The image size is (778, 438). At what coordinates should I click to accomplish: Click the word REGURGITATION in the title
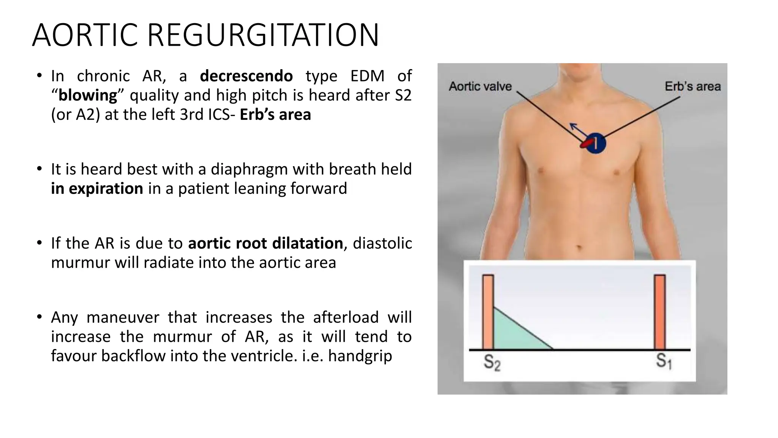(x=263, y=35)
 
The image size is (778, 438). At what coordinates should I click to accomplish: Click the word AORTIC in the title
(x=85, y=35)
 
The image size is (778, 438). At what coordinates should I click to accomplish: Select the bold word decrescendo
(x=246, y=76)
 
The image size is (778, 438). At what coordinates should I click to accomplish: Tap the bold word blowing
(x=88, y=95)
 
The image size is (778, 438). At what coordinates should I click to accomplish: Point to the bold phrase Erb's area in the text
(x=275, y=114)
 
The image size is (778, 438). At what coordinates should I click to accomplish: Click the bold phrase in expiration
(x=97, y=189)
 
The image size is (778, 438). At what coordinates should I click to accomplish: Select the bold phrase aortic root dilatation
(x=266, y=243)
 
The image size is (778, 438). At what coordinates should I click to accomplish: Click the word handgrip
(x=360, y=356)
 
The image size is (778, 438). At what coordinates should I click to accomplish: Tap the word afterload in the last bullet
(x=346, y=317)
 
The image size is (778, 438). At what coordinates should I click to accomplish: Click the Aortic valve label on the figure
(x=480, y=86)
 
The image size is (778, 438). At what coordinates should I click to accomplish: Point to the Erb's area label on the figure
(x=693, y=86)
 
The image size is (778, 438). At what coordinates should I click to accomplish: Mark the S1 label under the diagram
(x=664, y=361)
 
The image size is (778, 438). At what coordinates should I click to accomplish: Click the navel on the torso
(x=579, y=248)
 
